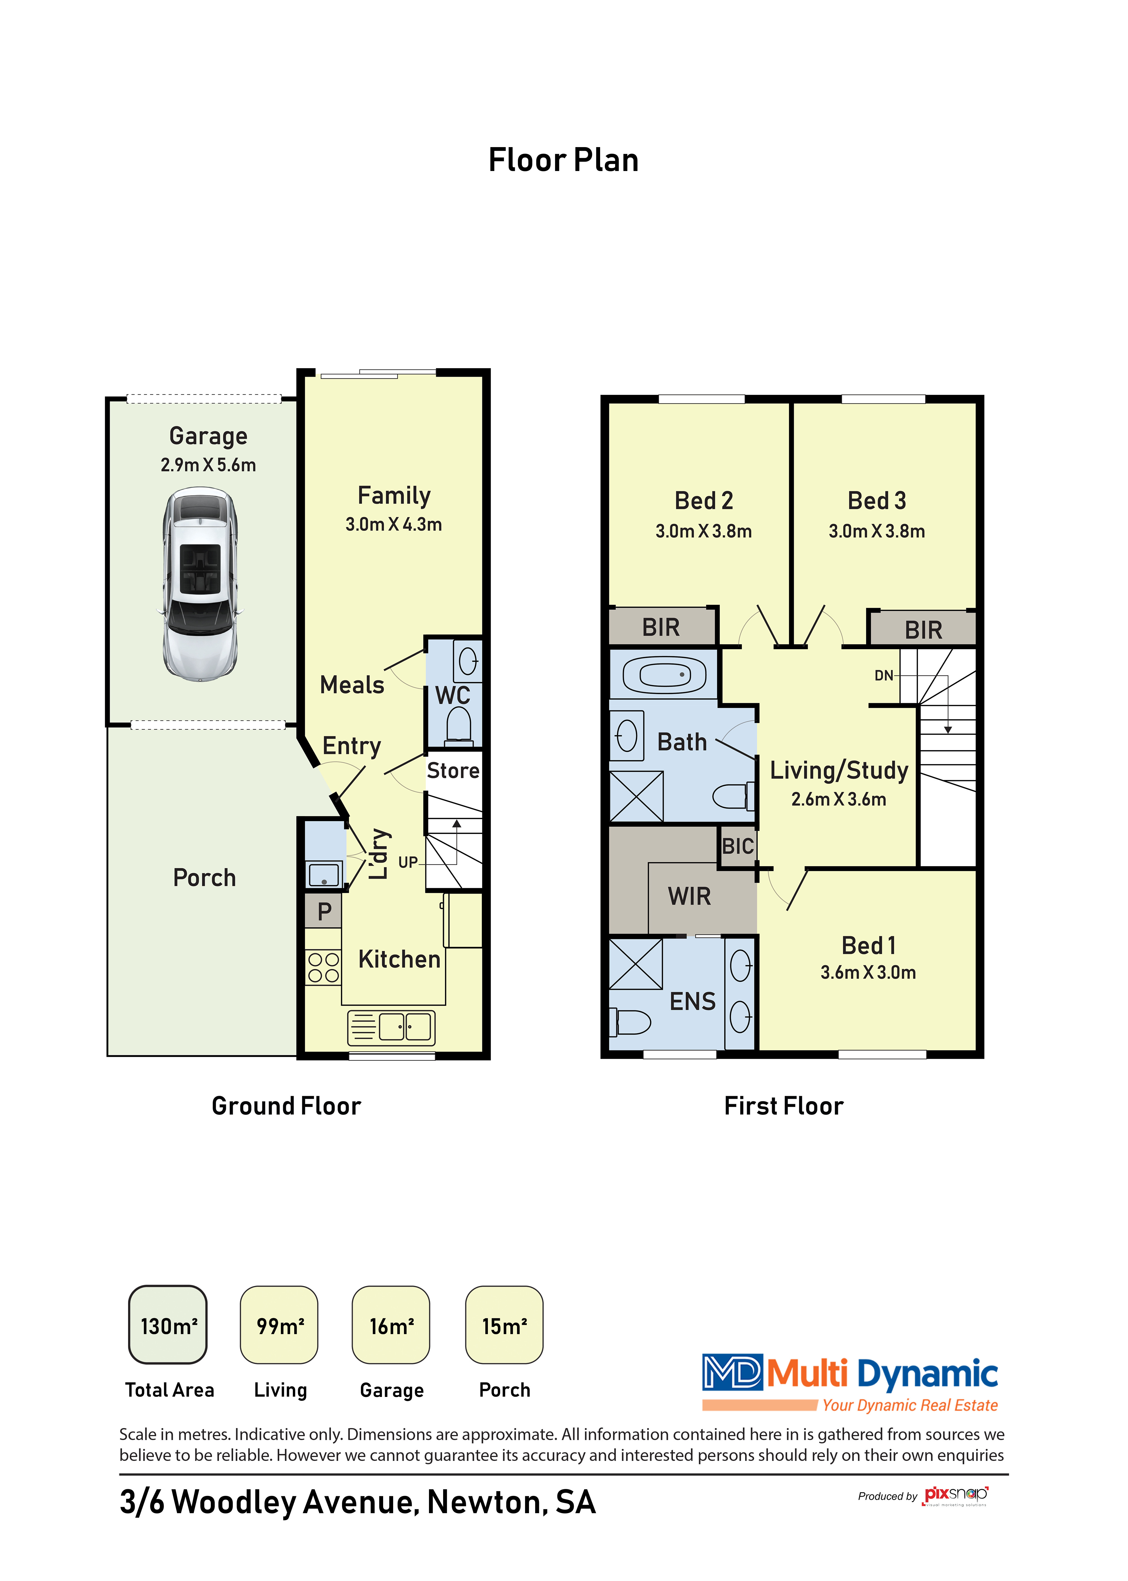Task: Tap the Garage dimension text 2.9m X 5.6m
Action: click(208, 465)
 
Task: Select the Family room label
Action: click(394, 495)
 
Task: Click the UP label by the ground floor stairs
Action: click(408, 863)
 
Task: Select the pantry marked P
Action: click(324, 911)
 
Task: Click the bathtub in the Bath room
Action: click(664, 674)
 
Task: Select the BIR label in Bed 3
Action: click(923, 630)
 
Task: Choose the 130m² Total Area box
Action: click(168, 1325)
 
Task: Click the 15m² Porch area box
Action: click(504, 1325)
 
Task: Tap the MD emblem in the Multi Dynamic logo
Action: click(732, 1372)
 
